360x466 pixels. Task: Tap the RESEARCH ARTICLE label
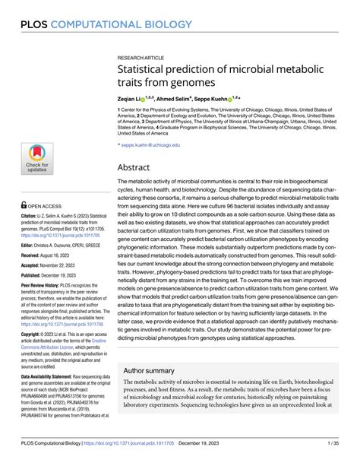141,58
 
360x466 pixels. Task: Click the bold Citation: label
33,217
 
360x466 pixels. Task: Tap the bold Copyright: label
36,334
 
